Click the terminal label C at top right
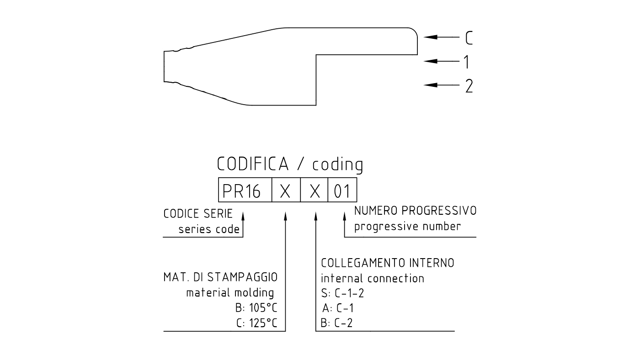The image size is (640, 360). [x=469, y=37]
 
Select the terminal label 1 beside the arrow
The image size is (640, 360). [x=467, y=62]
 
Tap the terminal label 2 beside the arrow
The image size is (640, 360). [x=469, y=86]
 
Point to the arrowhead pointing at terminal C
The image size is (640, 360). [x=430, y=37]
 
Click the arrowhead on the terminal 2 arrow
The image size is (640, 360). [x=430, y=85]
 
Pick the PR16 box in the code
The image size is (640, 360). [x=245, y=190]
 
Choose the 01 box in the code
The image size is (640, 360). [x=342, y=190]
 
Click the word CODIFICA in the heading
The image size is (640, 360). [x=253, y=164]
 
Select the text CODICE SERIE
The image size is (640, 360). [x=198, y=213]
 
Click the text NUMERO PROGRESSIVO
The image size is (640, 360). [x=416, y=211]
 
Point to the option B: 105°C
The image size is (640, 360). [x=256, y=308]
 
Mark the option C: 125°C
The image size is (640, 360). [x=257, y=323]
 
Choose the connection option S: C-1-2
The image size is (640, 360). [x=342, y=293]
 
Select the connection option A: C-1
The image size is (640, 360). [x=338, y=308]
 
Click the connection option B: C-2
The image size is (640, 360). [x=337, y=323]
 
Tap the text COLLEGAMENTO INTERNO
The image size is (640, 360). [x=388, y=263]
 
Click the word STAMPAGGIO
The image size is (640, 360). [x=242, y=277]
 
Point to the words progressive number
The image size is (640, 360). [x=407, y=227]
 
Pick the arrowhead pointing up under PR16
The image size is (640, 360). [x=243, y=216]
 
